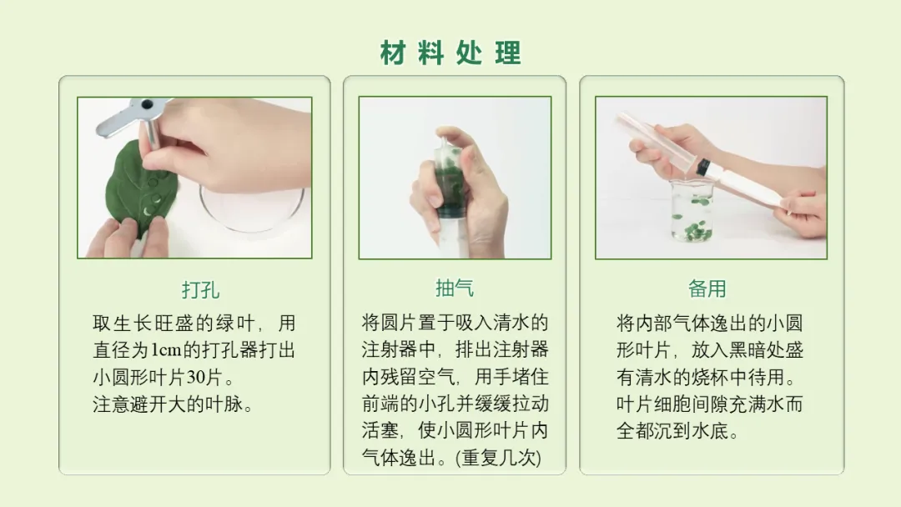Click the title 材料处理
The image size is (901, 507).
(x=450, y=53)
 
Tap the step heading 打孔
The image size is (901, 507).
(x=200, y=290)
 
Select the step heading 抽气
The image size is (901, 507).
(x=455, y=288)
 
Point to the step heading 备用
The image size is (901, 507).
(x=707, y=289)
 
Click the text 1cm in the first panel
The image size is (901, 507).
(x=166, y=349)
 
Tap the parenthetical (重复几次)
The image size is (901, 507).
(x=499, y=458)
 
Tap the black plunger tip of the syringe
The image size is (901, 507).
(x=702, y=168)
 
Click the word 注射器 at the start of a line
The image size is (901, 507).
(x=390, y=349)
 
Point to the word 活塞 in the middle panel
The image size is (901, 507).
(x=380, y=430)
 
